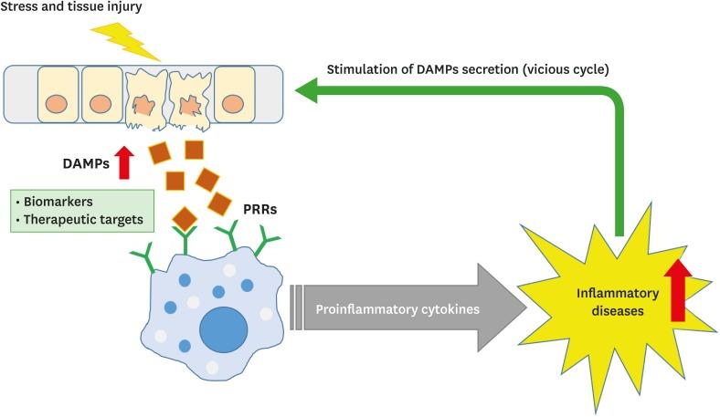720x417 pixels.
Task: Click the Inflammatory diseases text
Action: click(x=604, y=302)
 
